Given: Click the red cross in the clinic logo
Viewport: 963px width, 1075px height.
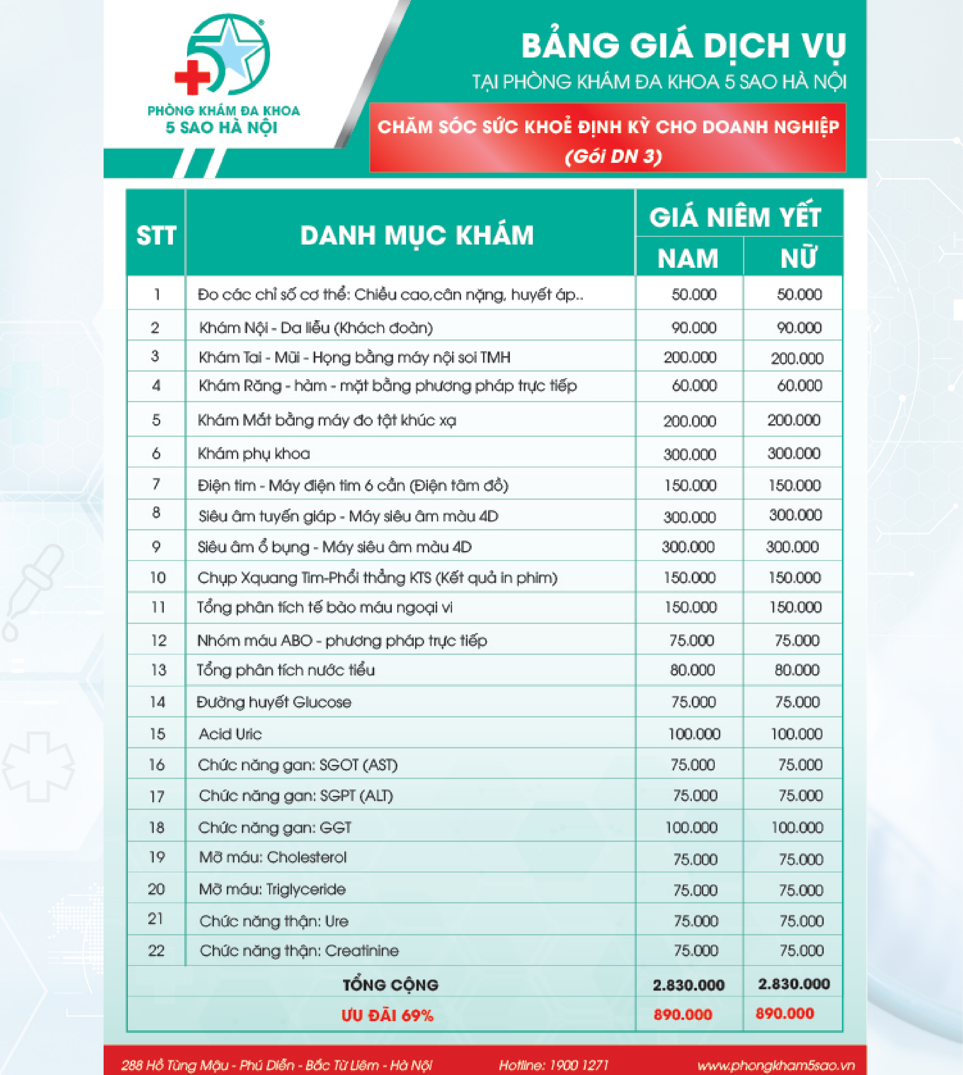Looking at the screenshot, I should pos(192,77).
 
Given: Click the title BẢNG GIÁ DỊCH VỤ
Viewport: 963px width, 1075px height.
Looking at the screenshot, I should pos(683,46).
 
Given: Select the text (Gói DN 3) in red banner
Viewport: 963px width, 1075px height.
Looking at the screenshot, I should pos(613,157).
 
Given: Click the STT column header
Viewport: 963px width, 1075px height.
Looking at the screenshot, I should pos(156,235).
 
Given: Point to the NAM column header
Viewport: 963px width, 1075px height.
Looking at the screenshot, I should pos(688,259).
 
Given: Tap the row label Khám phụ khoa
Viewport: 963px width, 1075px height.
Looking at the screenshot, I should pos(254,453).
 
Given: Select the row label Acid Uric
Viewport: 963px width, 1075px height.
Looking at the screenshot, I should pos(230,734).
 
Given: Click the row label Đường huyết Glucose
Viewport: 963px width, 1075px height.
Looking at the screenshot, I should pos(273,702).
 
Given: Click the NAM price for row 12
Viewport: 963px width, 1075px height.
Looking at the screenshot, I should pos(692,641).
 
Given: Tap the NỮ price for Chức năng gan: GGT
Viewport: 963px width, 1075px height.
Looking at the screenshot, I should pos(797,827).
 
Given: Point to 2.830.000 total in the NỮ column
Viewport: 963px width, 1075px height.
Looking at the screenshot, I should pos(794,984).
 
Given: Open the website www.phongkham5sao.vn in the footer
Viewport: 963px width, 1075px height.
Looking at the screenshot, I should pos(776,1065).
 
